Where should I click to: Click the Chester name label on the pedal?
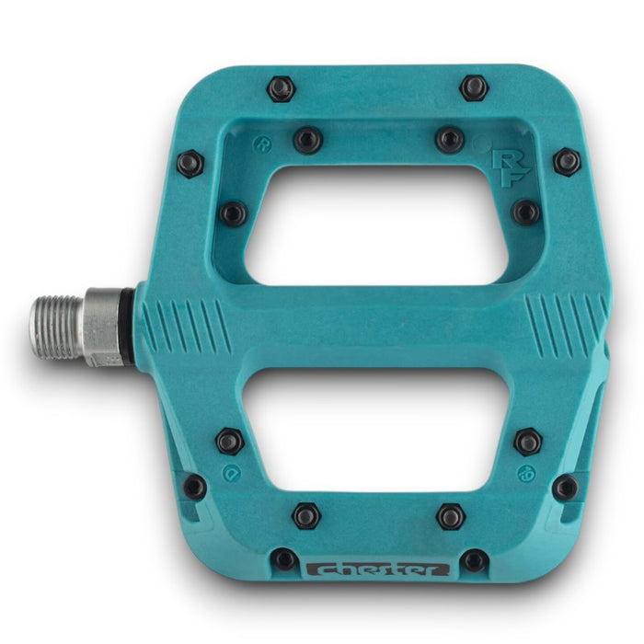tap(377, 569)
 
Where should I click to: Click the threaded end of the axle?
tap(57, 327)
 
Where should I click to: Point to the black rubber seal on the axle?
tap(128, 326)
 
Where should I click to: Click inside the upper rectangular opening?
tap(377, 225)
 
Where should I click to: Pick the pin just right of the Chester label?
tap(474, 559)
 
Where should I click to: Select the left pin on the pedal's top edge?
tap(281, 89)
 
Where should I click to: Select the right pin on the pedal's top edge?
tap(474, 88)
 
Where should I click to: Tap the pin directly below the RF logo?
tap(525, 213)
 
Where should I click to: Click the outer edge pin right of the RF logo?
tap(567, 163)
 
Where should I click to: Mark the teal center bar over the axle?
tap(377, 327)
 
